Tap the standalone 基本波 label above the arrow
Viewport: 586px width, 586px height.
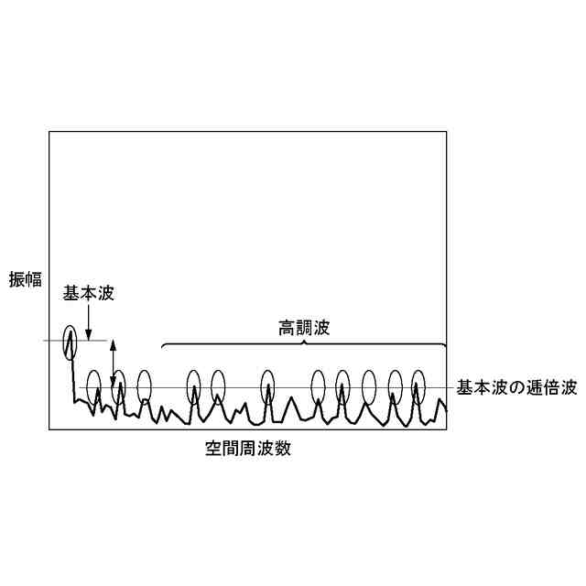(88, 294)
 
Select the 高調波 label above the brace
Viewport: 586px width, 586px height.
(304, 327)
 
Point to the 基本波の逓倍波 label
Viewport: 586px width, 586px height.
(516, 387)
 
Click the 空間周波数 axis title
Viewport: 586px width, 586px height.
(248, 450)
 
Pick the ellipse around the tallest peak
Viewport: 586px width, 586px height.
(71, 342)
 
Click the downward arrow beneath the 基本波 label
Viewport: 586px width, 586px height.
(88, 322)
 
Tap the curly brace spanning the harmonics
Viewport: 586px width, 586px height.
(304, 344)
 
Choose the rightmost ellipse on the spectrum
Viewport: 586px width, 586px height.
(419, 387)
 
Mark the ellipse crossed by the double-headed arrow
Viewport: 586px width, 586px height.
(118, 387)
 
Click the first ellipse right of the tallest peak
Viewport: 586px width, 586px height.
(93, 387)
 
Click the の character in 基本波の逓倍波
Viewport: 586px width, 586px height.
(509, 387)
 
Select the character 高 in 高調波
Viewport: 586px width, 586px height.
(288, 327)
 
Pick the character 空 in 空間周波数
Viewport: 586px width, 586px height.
(212, 450)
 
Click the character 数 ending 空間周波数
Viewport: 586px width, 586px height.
(285, 450)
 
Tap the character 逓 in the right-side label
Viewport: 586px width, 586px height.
(526, 387)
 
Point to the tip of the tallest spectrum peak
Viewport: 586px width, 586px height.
(70, 330)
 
